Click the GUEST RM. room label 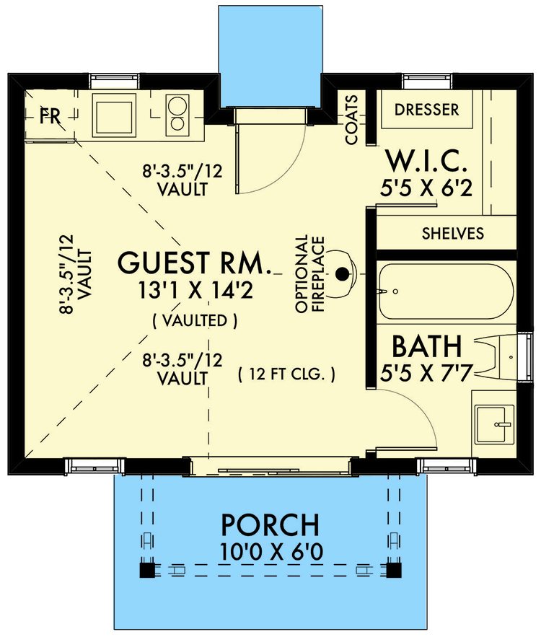[x=194, y=263]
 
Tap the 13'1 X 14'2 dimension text [x=195, y=291]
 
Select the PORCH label [x=270, y=525]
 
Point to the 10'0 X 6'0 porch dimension [x=271, y=552]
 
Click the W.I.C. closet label [x=426, y=162]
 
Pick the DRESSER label [x=427, y=109]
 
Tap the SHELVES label [x=453, y=233]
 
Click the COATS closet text [x=351, y=120]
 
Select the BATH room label [x=426, y=346]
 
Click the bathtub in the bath [x=447, y=291]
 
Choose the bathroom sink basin [x=491, y=424]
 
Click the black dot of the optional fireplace [x=343, y=274]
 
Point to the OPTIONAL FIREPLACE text [x=310, y=274]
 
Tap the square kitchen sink [x=114, y=115]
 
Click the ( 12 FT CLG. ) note [x=287, y=374]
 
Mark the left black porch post [x=147, y=570]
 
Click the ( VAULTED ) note [x=195, y=321]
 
